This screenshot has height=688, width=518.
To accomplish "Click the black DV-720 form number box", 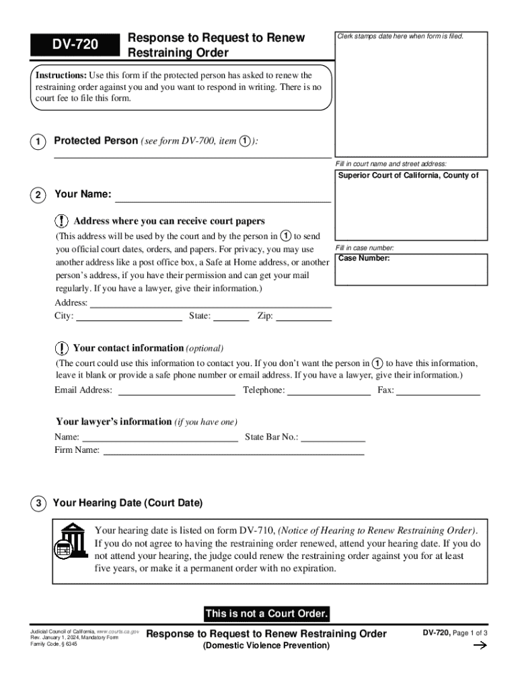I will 75,45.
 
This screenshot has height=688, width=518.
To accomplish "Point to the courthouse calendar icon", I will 70,540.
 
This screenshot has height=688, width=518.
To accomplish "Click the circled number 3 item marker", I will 39,503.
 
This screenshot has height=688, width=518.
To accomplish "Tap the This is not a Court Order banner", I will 266,613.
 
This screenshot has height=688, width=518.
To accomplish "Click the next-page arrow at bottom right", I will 480,646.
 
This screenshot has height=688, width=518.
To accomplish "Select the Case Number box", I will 412,269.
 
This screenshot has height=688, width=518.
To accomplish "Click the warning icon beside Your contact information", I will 61,348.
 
